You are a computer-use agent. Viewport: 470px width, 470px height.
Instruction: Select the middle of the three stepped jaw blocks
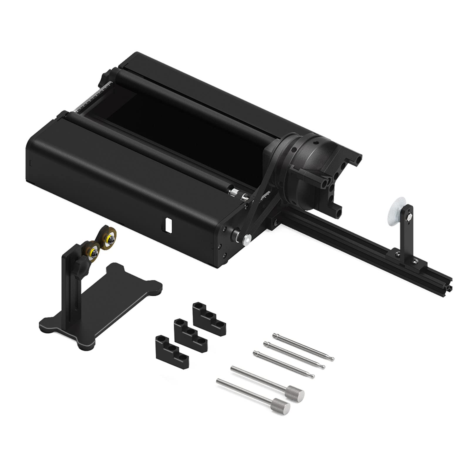[190, 335]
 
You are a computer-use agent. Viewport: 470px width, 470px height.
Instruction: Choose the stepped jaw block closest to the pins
[209, 319]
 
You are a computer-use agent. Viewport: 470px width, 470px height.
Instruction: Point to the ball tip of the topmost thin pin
[332, 358]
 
